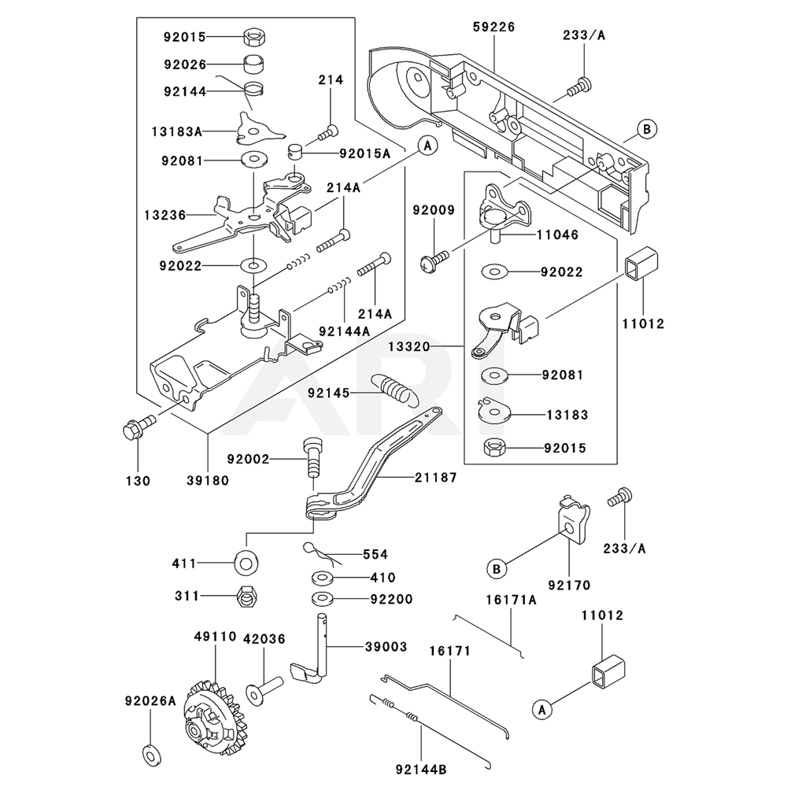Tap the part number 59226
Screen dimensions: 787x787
pyautogui.click(x=493, y=27)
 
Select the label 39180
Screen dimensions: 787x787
pyautogui.click(x=208, y=480)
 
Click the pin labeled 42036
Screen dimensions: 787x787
pyautogui.click(x=265, y=689)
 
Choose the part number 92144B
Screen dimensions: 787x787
pyautogui.click(x=423, y=767)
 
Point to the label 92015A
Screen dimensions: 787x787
pyautogui.click(x=364, y=153)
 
